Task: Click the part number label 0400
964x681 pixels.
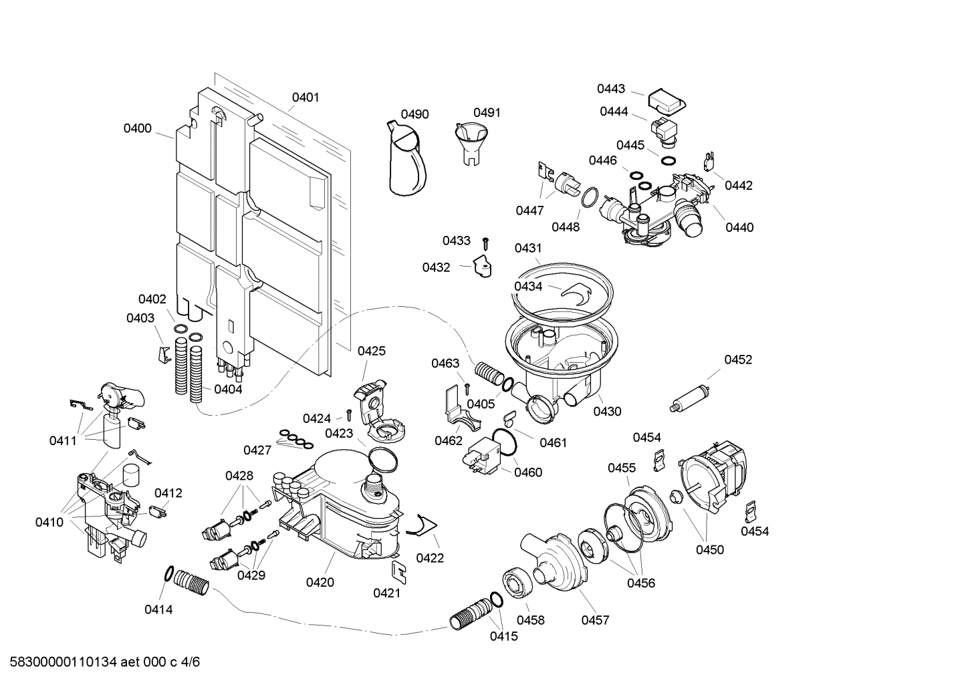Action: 137,128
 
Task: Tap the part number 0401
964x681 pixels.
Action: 306,98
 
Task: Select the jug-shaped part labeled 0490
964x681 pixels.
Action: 406,160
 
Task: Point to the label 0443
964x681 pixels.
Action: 611,89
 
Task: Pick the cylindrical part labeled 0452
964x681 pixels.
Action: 688,396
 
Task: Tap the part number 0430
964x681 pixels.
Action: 607,412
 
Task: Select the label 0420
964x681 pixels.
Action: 320,583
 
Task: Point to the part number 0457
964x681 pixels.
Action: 595,620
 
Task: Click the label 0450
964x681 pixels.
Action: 709,550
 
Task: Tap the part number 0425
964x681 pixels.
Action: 372,351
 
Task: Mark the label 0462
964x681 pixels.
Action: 449,440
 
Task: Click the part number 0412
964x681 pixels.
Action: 168,493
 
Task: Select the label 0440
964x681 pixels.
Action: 739,227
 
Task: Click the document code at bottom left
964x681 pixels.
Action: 100,662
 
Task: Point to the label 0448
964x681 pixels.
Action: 566,227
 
